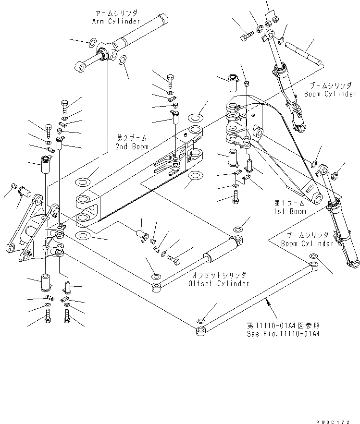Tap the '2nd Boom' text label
click(x=132, y=146)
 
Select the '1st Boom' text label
click(x=290, y=211)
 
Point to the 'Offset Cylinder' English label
click(x=220, y=284)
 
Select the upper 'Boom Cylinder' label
click(x=330, y=94)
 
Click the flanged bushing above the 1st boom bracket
click(x=232, y=84)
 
